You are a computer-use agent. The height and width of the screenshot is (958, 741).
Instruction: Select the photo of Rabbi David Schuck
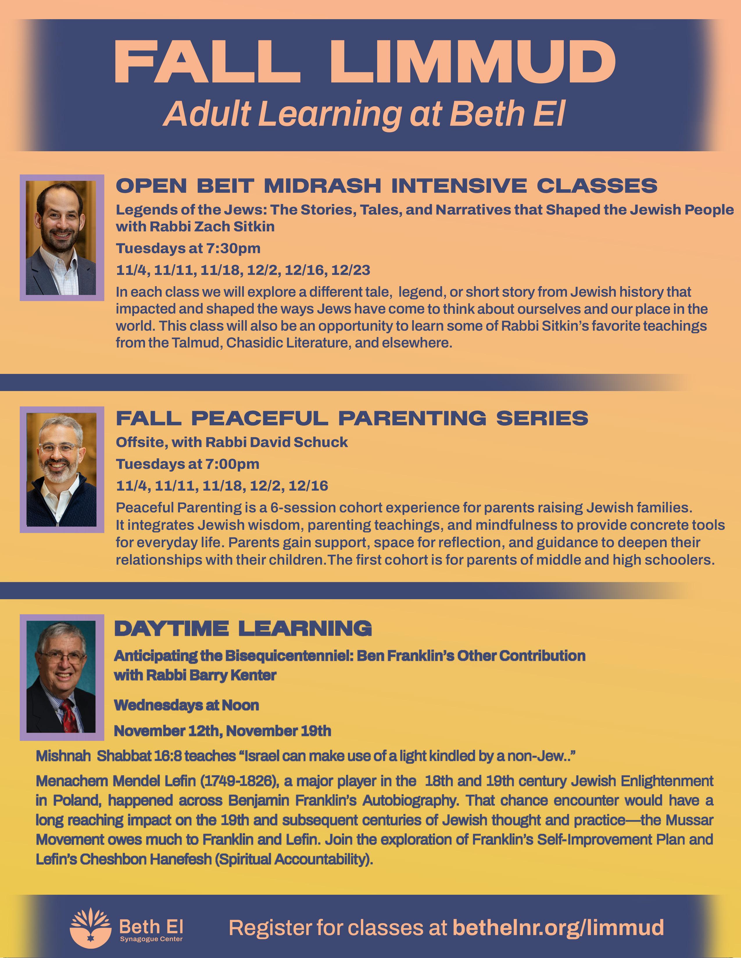coord(61,469)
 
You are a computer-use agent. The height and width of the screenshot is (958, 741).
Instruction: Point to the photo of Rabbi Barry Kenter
coord(61,676)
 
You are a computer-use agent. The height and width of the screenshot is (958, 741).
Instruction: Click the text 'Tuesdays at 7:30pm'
coord(188,248)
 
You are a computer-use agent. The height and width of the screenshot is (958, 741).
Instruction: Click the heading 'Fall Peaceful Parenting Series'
coord(352,418)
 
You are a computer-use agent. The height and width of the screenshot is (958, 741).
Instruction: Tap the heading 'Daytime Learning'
coord(243,628)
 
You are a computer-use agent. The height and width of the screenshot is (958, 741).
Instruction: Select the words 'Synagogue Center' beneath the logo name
coord(151,939)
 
